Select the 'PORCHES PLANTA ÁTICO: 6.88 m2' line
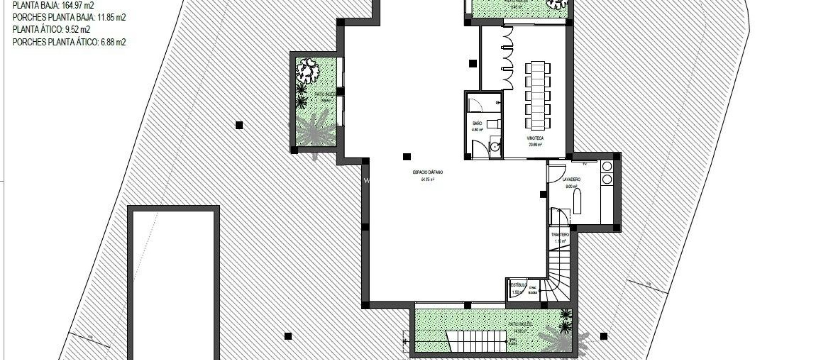69,42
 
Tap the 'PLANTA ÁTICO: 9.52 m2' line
51,29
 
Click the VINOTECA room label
535,139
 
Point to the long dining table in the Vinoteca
538,95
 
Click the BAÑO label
477,123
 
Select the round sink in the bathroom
495,146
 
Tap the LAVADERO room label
571,180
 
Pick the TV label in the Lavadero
584,164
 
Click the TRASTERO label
560,235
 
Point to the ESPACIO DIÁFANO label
428,172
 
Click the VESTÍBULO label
518,285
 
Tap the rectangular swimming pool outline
173,282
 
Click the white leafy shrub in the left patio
307,70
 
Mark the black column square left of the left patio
239,125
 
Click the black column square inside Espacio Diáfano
407,157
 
